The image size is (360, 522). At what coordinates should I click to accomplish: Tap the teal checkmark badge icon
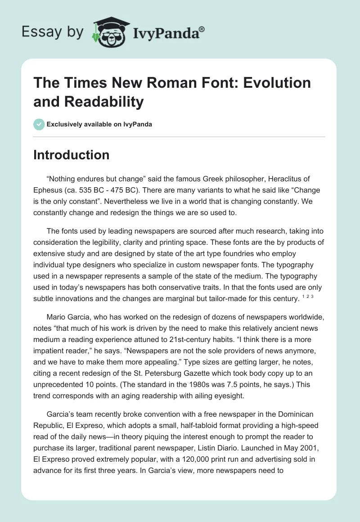click(39, 124)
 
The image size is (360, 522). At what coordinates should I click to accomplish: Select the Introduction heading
click(72, 155)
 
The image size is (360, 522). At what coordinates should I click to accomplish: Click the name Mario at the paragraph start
click(56, 318)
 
